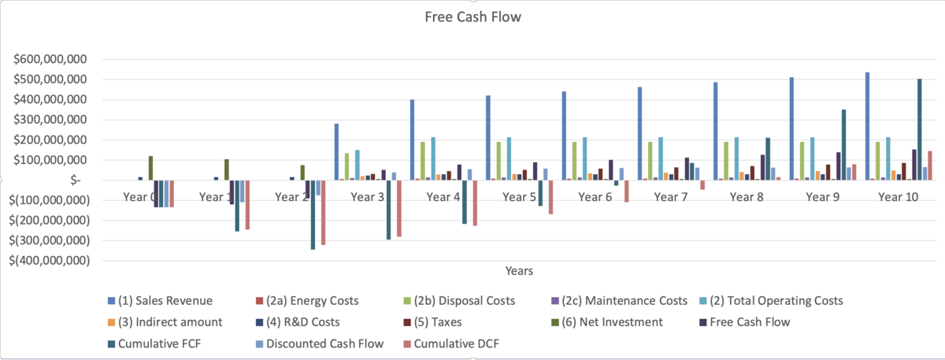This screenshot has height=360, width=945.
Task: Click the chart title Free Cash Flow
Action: pyautogui.click(x=472, y=17)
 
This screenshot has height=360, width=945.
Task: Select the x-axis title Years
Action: pyautogui.click(x=519, y=271)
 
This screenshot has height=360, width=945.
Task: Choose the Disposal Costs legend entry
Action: pyautogui.click(x=473, y=300)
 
